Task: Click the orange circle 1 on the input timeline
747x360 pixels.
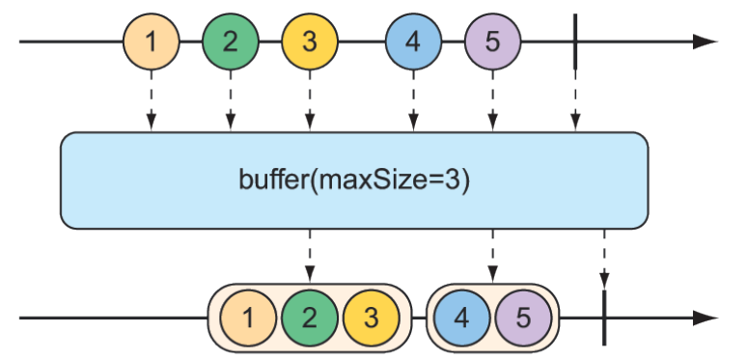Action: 151,42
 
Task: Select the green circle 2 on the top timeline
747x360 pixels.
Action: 230,42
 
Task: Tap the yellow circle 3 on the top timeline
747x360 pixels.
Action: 310,42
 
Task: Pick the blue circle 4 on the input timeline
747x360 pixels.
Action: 413,42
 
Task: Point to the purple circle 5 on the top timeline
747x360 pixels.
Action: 492,42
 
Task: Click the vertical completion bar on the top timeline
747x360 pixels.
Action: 575,42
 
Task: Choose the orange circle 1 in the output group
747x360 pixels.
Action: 248,318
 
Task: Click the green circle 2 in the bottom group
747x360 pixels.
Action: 310,318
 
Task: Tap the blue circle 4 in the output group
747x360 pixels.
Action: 461,318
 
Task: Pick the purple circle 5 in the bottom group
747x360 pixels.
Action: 522,318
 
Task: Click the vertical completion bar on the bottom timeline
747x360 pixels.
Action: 604,318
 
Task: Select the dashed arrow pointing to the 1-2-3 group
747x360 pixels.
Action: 310,256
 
